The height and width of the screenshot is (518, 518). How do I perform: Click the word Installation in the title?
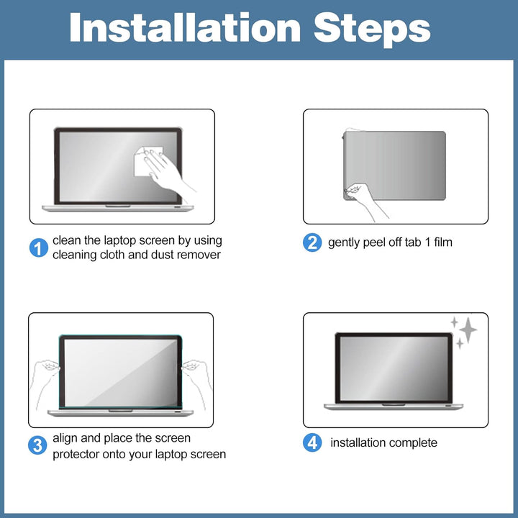(x=185, y=27)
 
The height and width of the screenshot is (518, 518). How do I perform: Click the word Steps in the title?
(x=372, y=29)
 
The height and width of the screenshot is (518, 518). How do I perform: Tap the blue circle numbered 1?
(x=39, y=247)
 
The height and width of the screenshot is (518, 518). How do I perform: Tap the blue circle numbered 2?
(x=312, y=242)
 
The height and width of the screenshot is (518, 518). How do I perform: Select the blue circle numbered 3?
(x=37, y=445)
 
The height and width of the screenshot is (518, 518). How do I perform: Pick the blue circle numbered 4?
(x=312, y=442)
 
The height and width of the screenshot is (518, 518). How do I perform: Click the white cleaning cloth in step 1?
(x=145, y=161)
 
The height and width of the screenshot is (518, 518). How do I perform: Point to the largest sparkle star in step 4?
(x=468, y=330)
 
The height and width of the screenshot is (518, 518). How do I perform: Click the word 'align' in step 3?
(x=65, y=438)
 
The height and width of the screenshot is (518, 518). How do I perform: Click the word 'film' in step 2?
(x=442, y=242)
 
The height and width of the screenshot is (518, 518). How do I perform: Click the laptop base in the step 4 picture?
(x=393, y=406)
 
